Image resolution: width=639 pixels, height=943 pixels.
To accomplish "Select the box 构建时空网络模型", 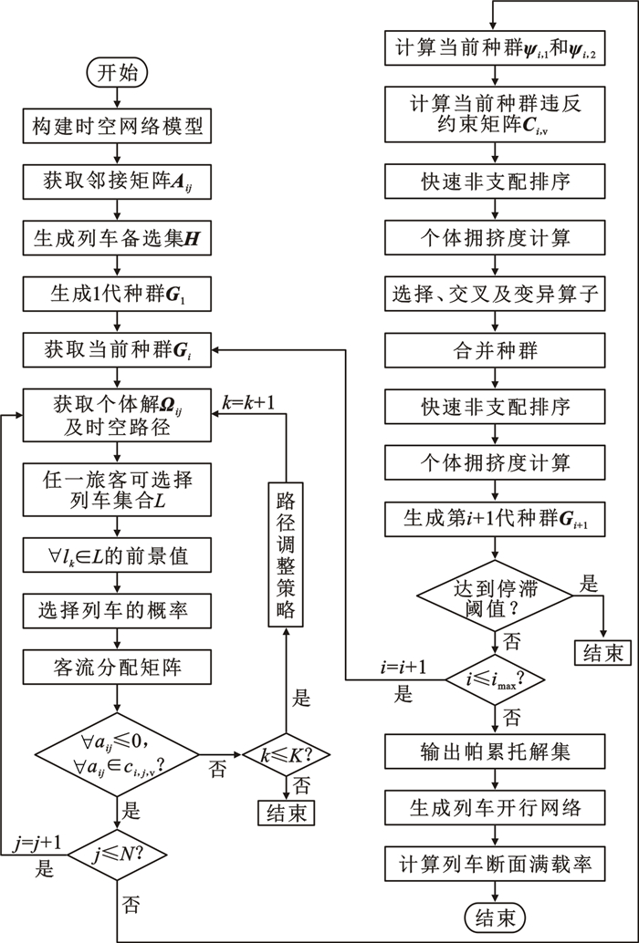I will pyautogui.click(x=117, y=128).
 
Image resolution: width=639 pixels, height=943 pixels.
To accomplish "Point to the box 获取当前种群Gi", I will pyautogui.click(x=117, y=348).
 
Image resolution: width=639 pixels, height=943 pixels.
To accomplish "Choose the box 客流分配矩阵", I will pyautogui.click(x=117, y=668).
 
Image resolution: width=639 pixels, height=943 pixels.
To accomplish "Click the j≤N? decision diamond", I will pyautogui.click(x=117, y=854).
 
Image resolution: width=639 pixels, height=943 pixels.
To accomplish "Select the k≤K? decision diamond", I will pyautogui.click(x=286, y=755).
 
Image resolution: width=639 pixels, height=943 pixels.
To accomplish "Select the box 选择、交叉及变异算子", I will pyautogui.click(x=494, y=294).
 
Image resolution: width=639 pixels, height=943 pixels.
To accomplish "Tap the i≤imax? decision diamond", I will pyautogui.click(x=494, y=679).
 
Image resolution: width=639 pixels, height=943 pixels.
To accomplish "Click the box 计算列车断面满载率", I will pyautogui.click(x=494, y=863).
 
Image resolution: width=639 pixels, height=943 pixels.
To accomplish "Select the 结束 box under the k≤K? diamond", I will pyautogui.click(x=286, y=810).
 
